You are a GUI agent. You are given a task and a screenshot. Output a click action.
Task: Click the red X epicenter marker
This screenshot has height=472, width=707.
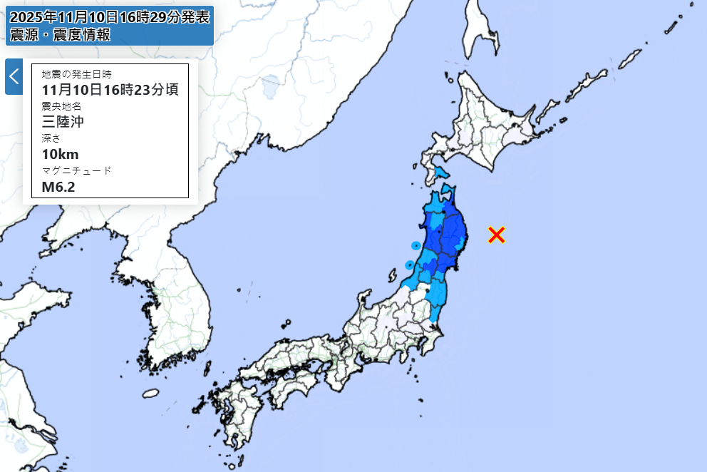[x=497, y=235]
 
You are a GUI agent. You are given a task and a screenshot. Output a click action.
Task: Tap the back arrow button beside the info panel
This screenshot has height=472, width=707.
[x=14, y=76]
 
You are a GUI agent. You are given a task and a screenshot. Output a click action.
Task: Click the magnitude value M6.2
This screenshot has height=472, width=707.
[x=58, y=187]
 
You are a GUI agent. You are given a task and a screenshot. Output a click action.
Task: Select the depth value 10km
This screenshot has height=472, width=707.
[x=61, y=154]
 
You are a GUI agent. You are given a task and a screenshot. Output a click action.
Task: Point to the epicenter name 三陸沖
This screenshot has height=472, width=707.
[x=63, y=122]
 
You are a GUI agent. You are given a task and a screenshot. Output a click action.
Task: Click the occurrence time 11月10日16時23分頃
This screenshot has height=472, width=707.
[x=110, y=90]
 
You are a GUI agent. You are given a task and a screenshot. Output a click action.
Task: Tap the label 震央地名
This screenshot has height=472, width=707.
[x=62, y=106]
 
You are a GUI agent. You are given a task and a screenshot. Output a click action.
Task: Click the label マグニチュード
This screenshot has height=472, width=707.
[x=76, y=171]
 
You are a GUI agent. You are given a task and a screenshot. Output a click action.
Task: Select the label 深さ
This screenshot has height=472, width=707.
[x=51, y=138]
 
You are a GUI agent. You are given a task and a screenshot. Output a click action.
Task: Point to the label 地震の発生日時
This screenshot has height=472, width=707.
[x=76, y=74]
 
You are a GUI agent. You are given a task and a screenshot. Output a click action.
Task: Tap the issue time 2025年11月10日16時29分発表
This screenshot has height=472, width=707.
[x=110, y=16]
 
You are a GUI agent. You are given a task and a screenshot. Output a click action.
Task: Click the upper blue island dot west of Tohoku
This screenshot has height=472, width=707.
[x=416, y=245]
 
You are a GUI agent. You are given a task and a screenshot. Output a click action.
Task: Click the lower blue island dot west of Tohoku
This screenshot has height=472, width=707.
[x=409, y=265]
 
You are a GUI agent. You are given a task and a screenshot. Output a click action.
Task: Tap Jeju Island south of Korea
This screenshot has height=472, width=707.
[x=150, y=393]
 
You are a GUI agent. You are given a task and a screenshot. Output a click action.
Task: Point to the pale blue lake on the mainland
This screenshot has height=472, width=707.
[x=271, y=88]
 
